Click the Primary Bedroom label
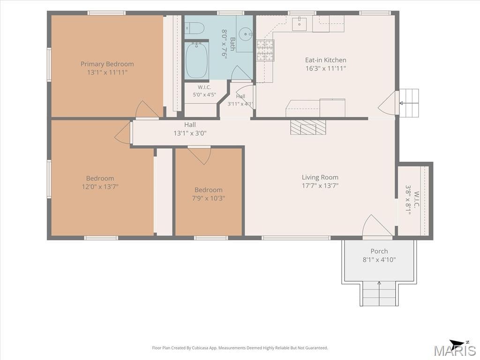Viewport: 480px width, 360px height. pyautogui.click(x=107, y=64)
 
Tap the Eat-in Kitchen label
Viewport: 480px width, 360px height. pyautogui.click(x=326, y=60)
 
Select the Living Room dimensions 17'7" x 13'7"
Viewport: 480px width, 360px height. pyautogui.click(x=320, y=186)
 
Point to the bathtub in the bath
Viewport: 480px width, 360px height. pyautogui.click(x=196, y=60)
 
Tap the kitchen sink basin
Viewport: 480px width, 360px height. pyautogui.click(x=299, y=24)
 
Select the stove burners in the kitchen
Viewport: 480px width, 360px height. pyautogui.click(x=265, y=50)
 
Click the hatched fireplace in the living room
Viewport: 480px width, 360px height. pyautogui.click(x=308, y=127)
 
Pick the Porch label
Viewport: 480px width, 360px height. pyautogui.click(x=379, y=251)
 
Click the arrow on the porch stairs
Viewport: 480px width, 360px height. pyautogui.click(x=379, y=293)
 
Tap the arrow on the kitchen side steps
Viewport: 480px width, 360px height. pyautogui.click(x=409, y=103)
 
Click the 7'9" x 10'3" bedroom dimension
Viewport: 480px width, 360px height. pyautogui.click(x=209, y=198)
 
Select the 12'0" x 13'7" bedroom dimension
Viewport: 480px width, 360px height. pyautogui.click(x=100, y=187)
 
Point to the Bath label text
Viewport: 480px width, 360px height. pyautogui.click(x=232, y=44)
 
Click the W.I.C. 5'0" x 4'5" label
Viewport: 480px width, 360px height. pyautogui.click(x=204, y=91)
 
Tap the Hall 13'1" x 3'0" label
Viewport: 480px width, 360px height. pyautogui.click(x=190, y=129)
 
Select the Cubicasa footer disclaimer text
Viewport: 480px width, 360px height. pyautogui.click(x=240, y=348)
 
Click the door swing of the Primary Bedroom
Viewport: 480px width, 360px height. pyautogui.click(x=147, y=109)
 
